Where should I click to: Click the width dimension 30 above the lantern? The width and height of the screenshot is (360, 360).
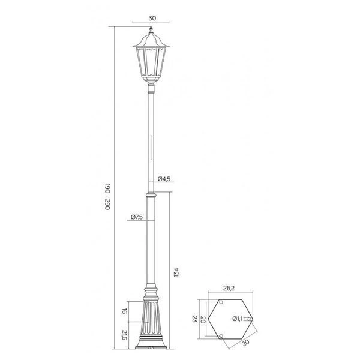coord(152,19)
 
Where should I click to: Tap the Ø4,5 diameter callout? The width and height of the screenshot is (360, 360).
coord(166,179)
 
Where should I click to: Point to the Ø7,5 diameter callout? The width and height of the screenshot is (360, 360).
coord(136,217)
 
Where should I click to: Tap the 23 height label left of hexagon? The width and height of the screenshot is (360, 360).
coord(194,318)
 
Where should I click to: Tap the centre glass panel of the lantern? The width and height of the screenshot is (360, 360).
coord(151,65)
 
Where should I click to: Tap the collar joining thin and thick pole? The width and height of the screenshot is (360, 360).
coord(151,193)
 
